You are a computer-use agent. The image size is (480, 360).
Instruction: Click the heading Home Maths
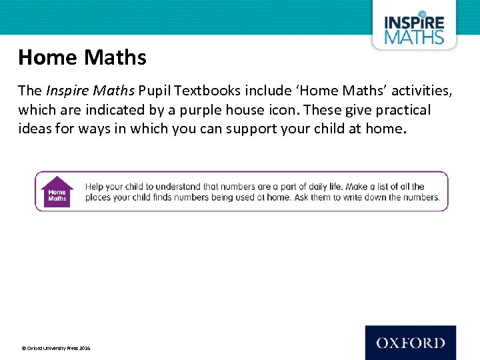coord(82,58)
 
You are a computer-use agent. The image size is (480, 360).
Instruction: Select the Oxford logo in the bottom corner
coord(410,343)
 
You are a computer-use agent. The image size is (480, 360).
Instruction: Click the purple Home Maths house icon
coord(57,191)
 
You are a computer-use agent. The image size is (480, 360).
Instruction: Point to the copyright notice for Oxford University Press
coord(56,348)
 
